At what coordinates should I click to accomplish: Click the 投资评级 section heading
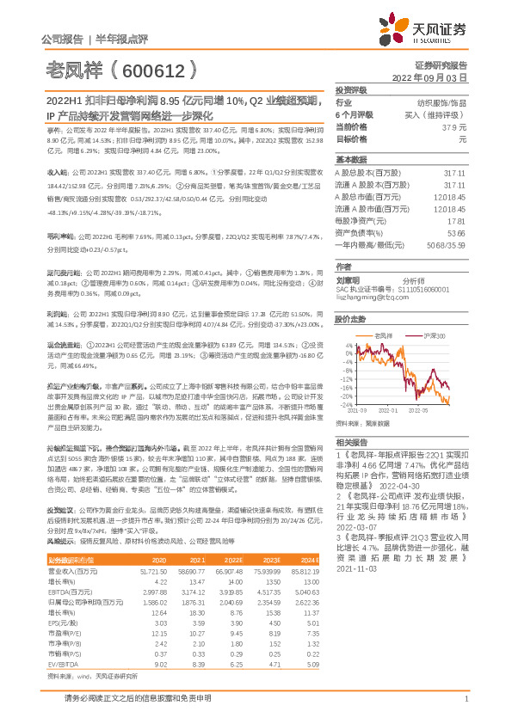click(x=351, y=89)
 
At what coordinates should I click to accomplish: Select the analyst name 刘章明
click(x=348, y=280)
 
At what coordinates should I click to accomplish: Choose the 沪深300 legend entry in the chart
click(x=434, y=334)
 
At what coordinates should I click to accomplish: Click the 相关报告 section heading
click(x=351, y=440)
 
